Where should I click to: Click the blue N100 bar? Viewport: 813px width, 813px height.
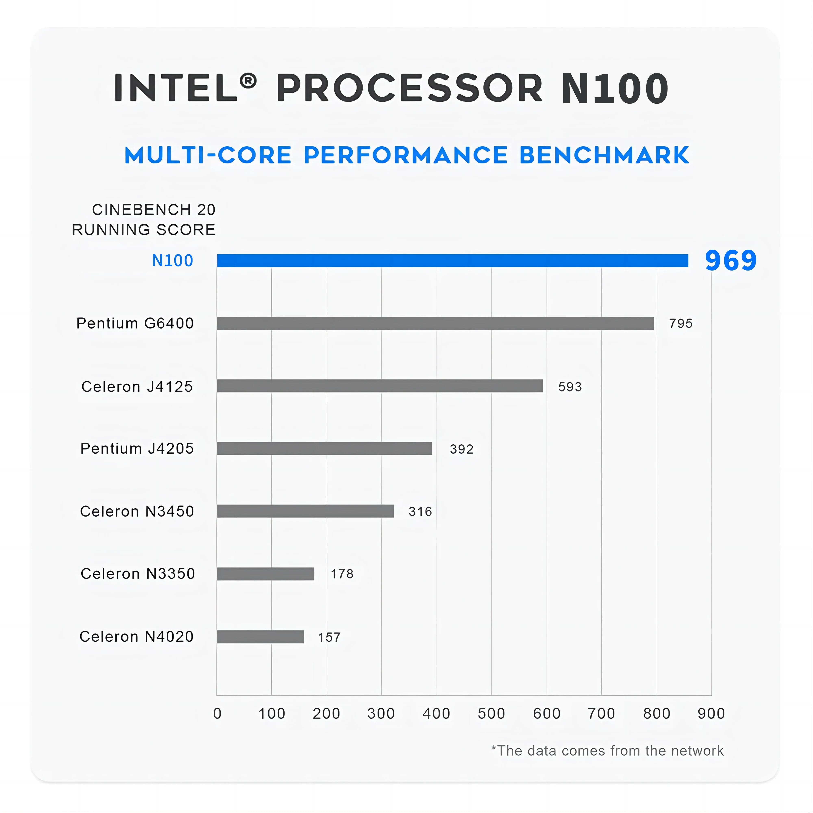coord(452,261)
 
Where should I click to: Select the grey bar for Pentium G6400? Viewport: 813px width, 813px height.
coord(436,323)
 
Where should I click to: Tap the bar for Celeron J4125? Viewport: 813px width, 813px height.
coord(380,386)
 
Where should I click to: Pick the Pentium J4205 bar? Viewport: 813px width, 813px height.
coord(324,448)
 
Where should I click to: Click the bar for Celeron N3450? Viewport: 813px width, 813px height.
coord(305,511)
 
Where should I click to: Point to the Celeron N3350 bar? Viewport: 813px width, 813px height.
coord(265,574)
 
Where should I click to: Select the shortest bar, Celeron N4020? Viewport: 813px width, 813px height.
coord(261,637)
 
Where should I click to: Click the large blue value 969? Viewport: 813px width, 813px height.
coord(731,261)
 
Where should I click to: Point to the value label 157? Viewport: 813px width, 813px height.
coord(329,637)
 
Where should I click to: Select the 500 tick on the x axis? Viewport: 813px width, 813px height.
coord(491,713)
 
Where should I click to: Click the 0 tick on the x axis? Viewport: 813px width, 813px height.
coord(217,713)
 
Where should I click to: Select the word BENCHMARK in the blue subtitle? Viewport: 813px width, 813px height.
coord(604,155)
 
